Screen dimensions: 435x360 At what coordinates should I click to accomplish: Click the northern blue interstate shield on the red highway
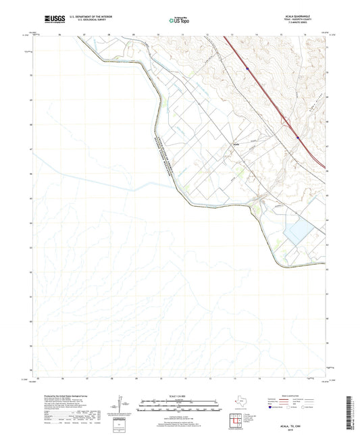248,68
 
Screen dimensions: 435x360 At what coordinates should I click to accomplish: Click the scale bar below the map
180,405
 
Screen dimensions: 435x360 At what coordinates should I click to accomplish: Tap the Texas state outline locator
242,403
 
